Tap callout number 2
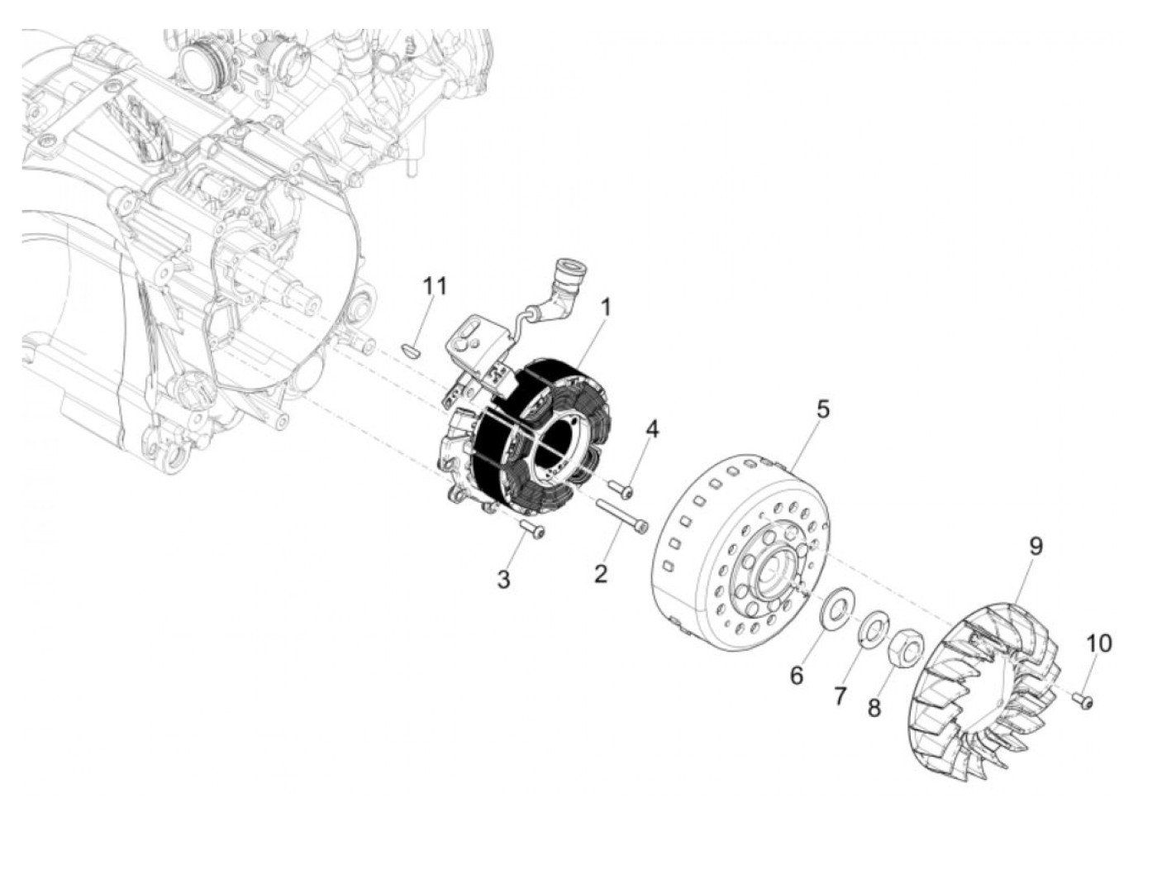coord(601,572)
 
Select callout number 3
coord(503,579)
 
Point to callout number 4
coord(653,429)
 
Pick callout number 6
coord(796,675)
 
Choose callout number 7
coord(840,696)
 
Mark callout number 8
coord(874,708)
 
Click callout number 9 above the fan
coord(1036,546)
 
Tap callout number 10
coord(1099,643)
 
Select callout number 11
coord(435,286)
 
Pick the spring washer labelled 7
coord(873,626)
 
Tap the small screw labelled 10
coord(1083,700)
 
